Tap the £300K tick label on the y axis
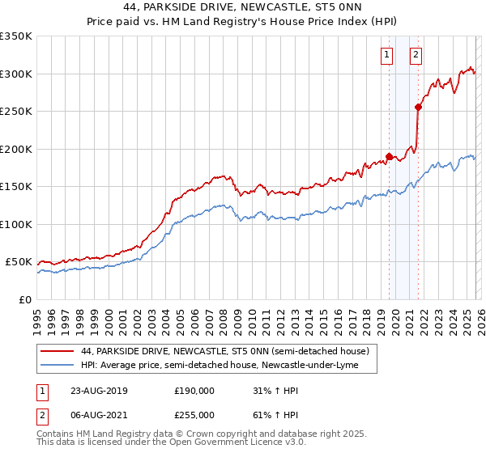click(x=16, y=74)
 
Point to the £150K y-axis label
click(x=16, y=187)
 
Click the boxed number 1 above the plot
click(x=387, y=55)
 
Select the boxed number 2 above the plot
click(x=416, y=55)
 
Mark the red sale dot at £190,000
click(x=389, y=156)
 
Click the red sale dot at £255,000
click(x=418, y=107)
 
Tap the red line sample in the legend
click(x=58, y=352)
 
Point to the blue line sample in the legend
click(x=58, y=366)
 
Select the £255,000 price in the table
click(x=194, y=414)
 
